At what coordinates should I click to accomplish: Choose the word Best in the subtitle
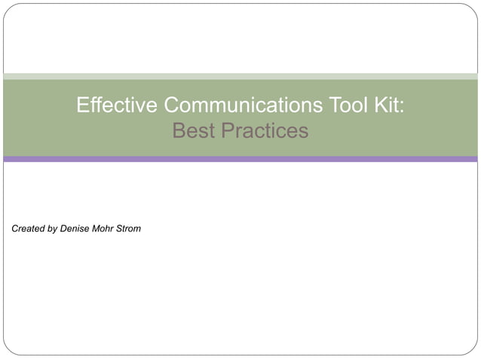pos(193,131)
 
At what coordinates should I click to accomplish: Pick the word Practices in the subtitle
pos(264,131)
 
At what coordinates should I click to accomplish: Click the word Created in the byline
pos(29,228)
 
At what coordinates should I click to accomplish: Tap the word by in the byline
pos(53,229)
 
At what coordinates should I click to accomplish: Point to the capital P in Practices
pos(227,131)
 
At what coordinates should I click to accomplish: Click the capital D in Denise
pos(63,228)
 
